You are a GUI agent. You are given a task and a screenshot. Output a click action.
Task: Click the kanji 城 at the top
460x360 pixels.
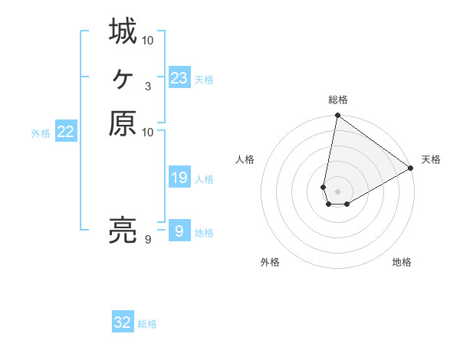coord(123,33)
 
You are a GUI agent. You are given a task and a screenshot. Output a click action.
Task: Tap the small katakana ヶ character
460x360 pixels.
coord(123,77)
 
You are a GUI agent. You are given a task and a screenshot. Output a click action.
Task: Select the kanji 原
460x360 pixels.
coord(123,123)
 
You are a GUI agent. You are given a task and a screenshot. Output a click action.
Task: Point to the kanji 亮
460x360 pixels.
coord(123,231)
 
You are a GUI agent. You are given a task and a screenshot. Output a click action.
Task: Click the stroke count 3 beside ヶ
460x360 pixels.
coord(148,87)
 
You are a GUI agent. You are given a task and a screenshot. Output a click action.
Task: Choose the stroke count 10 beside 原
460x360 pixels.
coord(148,133)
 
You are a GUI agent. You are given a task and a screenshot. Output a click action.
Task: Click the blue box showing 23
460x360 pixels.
coord(179,78)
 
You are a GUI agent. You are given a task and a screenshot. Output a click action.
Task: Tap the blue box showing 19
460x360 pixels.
coord(179,178)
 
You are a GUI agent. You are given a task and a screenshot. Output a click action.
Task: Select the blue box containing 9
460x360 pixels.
coord(179,231)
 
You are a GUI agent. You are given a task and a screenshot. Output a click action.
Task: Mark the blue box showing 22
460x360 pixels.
coord(66,133)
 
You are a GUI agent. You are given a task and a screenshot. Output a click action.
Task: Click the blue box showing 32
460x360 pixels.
coord(123,322)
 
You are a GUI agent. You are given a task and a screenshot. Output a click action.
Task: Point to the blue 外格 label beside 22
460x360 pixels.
coord(41,133)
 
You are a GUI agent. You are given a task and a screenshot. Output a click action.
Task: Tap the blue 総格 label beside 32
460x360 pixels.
coord(147,324)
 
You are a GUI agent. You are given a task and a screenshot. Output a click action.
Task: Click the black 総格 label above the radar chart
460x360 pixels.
coord(338,100)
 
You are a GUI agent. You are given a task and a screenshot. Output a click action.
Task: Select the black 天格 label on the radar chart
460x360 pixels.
coord(431,159)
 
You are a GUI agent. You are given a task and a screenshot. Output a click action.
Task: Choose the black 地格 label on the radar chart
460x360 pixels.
coord(402,263)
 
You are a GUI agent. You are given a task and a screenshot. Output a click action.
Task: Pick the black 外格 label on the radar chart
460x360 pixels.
coord(270,263)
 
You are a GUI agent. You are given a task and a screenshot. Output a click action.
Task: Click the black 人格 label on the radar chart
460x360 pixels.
coord(245,159)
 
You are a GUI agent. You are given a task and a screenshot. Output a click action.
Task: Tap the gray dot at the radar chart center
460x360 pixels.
coord(338,191)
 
